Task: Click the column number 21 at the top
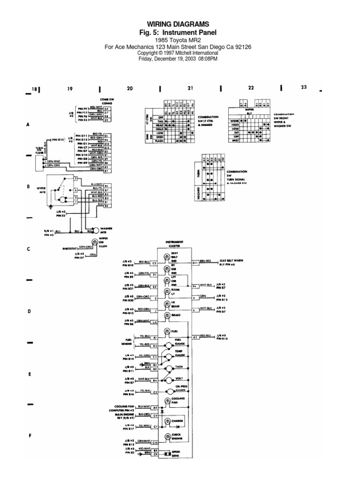(x=190, y=88)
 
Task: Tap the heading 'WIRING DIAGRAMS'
(x=179, y=24)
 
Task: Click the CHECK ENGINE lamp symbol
(x=165, y=436)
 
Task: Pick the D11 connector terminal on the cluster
(x=195, y=264)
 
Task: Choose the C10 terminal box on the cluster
(x=155, y=442)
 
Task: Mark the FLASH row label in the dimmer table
(x=158, y=141)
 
